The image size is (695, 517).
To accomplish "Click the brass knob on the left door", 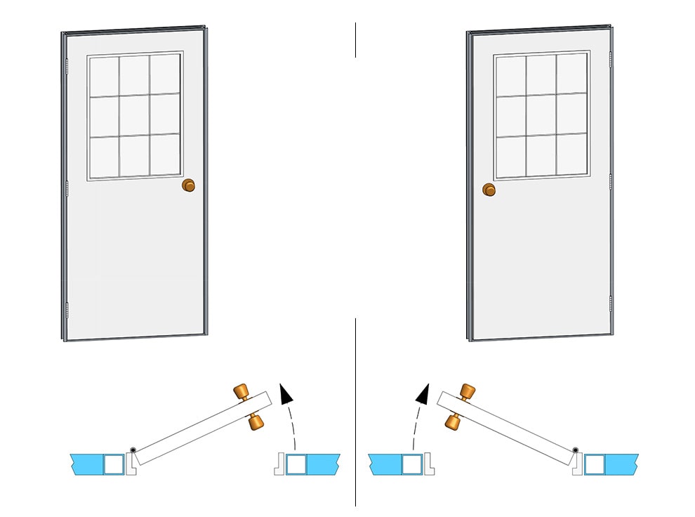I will coord(188,185).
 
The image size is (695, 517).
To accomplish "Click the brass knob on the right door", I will coord(489,190).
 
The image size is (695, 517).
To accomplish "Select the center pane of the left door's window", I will coord(134,114).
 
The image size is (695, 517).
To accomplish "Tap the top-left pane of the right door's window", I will coord(511,75).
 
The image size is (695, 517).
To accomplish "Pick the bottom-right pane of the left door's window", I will coord(166,154).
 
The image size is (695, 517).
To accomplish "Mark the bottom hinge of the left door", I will coord(67,309).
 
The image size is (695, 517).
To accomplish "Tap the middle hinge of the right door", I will coord(611,181).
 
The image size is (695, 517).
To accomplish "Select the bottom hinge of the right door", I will coord(611,303).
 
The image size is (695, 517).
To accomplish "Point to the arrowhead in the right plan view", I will coord(421,394).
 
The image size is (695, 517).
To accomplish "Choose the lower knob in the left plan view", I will coord(256,422).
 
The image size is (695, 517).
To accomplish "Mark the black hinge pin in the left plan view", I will coord(132,450).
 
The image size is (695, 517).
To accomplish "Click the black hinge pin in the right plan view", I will coord(575,450).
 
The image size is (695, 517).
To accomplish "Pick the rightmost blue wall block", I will coord(621,464).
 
